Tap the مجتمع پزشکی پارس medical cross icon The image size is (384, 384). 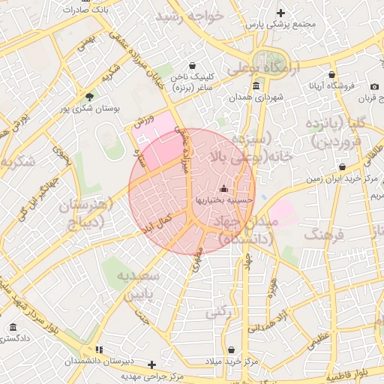(280, 13)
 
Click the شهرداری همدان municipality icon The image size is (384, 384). (257, 85)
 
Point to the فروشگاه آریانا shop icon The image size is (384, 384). (332, 74)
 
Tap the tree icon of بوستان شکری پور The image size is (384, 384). (90, 96)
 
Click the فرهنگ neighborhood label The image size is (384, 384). (323, 235)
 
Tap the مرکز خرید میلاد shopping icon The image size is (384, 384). (230, 349)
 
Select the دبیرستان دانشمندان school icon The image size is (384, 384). (100, 349)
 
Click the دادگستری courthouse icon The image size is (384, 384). (13, 328)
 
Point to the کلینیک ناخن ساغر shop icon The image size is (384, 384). (193, 65)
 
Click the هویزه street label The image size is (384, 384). (274, 286)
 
